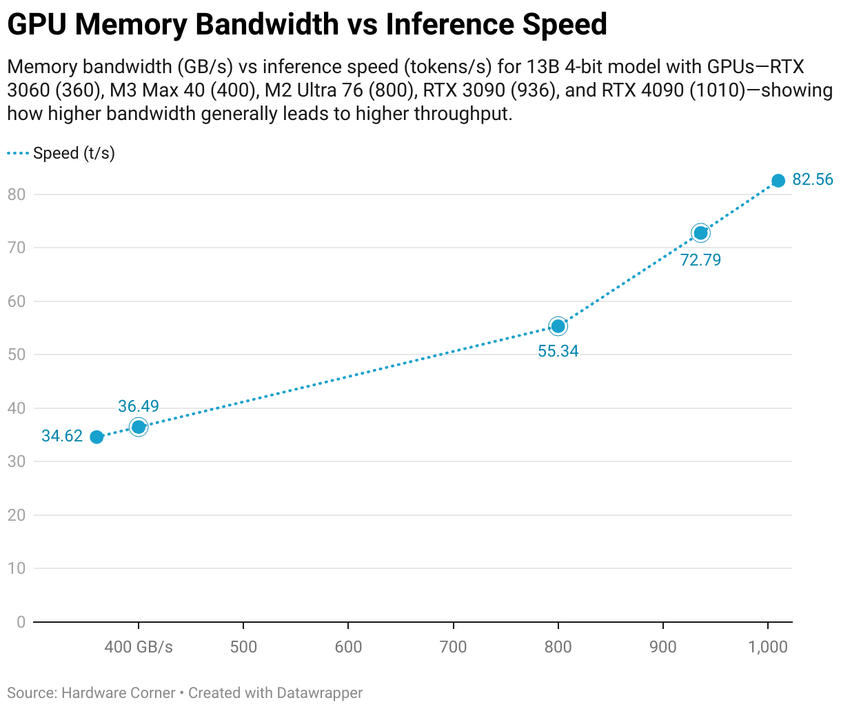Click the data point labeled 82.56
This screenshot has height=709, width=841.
tap(778, 181)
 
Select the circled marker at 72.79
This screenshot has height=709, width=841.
tap(700, 233)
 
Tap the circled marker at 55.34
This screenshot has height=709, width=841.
tap(558, 326)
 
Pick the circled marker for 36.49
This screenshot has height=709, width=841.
tap(139, 427)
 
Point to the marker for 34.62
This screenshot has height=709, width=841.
tap(97, 437)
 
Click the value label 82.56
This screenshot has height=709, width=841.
tap(813, 180)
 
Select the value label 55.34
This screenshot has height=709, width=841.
tap(558, 351)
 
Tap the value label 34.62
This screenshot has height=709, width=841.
tap(62, 436)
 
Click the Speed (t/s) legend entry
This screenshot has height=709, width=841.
tap(74, 153)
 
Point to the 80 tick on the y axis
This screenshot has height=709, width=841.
tap(17, 194)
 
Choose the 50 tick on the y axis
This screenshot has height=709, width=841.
tap(17, 354)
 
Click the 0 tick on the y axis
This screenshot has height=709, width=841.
tap(21, 622)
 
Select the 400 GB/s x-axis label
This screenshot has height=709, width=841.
tap(139, 647)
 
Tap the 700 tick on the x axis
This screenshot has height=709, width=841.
tap(454, 647)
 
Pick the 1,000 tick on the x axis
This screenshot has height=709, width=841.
tap(768, 647)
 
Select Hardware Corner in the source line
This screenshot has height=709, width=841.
tap(119, 692)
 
